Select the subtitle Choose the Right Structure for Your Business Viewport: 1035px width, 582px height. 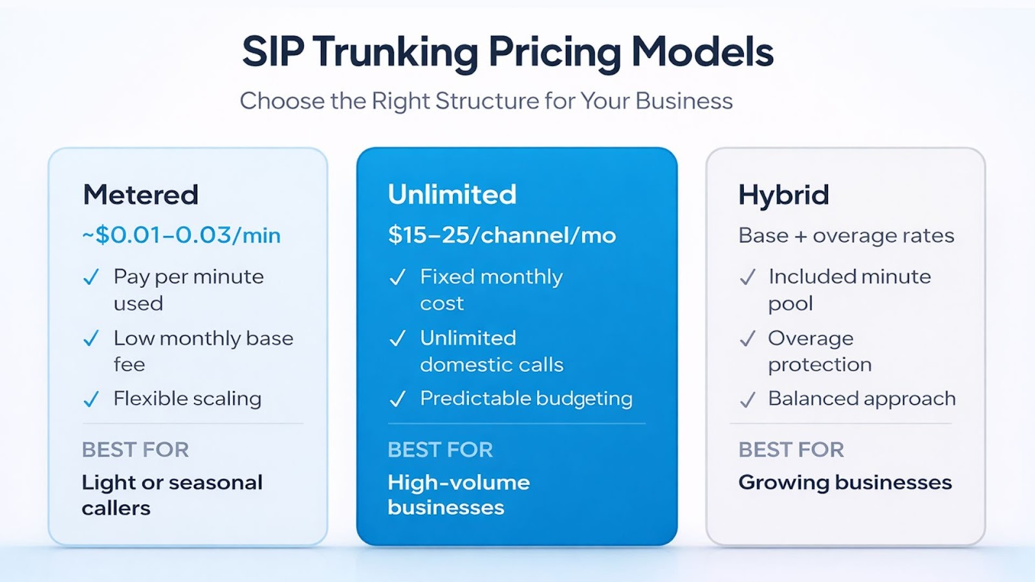pos(486,102)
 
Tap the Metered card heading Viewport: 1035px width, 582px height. pos(140,195)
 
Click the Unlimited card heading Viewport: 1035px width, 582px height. pos(452,195)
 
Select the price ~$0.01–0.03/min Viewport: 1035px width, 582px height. pos(181,235)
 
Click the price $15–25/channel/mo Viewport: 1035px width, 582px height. pos(502,235)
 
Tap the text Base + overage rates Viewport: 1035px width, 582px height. pos(846,235)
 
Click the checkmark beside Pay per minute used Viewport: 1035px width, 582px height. pos(91,277)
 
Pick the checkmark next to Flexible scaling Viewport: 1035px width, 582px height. pos(91,398)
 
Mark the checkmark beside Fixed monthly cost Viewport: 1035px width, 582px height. pos(397,277)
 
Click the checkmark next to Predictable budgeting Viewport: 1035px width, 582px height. pos(397,398)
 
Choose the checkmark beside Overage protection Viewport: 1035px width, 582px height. pos(748,338)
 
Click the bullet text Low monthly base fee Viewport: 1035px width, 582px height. pos(203,351)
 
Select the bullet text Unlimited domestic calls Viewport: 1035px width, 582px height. pos(492,351)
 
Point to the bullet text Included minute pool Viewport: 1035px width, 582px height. pos(849,290)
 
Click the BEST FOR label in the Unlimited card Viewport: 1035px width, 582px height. pos(441,449)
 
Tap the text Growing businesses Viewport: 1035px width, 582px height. pos(845,483)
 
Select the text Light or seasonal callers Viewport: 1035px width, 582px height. pos(172,495)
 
